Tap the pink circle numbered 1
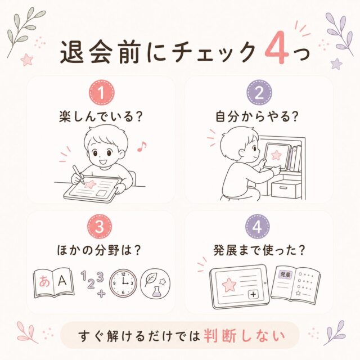(101, 92)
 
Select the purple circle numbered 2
(259, 92)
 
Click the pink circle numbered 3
(100, 227)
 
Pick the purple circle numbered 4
(257, 227)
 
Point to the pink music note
(141, 146)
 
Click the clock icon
(123, 283)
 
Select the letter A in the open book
(62, 280)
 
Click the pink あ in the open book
(44, 281)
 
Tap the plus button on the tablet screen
(254, 294)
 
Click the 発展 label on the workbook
(286, 274)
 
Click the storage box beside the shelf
(286, 190)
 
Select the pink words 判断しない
(244, 336)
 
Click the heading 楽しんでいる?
(101, 116)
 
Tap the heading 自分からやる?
(257, 116)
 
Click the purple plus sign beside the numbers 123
(101, 293)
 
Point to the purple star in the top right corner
(336, 64)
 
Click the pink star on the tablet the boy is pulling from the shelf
(276, 155)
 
